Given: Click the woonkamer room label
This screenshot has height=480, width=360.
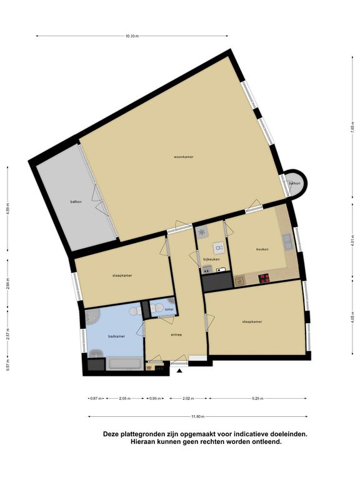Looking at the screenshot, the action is (184, 157).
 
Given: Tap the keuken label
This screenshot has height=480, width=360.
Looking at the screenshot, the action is (262, 249).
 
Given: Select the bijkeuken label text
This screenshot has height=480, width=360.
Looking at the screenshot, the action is (211, 259).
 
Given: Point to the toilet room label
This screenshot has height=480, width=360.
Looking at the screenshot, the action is (169, 309).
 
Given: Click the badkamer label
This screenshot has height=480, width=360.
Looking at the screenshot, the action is (116, 336).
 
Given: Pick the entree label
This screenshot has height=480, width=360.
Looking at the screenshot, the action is (176, 334).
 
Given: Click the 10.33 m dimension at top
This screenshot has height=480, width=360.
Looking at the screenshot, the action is (132, 36).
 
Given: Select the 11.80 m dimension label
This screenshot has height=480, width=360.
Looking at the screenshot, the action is (198, 416).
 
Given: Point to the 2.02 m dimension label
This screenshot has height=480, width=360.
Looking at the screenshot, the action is (188, 399).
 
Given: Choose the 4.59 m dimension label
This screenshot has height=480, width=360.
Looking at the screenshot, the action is (8, 208).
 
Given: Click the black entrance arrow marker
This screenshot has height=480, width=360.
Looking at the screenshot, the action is (180, 371).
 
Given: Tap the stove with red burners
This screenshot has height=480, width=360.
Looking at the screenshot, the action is (264, 278).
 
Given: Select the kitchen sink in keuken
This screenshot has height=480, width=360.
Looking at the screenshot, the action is (287, 241).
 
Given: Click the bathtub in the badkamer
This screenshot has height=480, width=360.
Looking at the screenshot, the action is (124, 364).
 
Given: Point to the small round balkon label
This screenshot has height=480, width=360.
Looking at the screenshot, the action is (294, 183).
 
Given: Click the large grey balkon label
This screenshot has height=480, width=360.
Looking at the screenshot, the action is (76, 202).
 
